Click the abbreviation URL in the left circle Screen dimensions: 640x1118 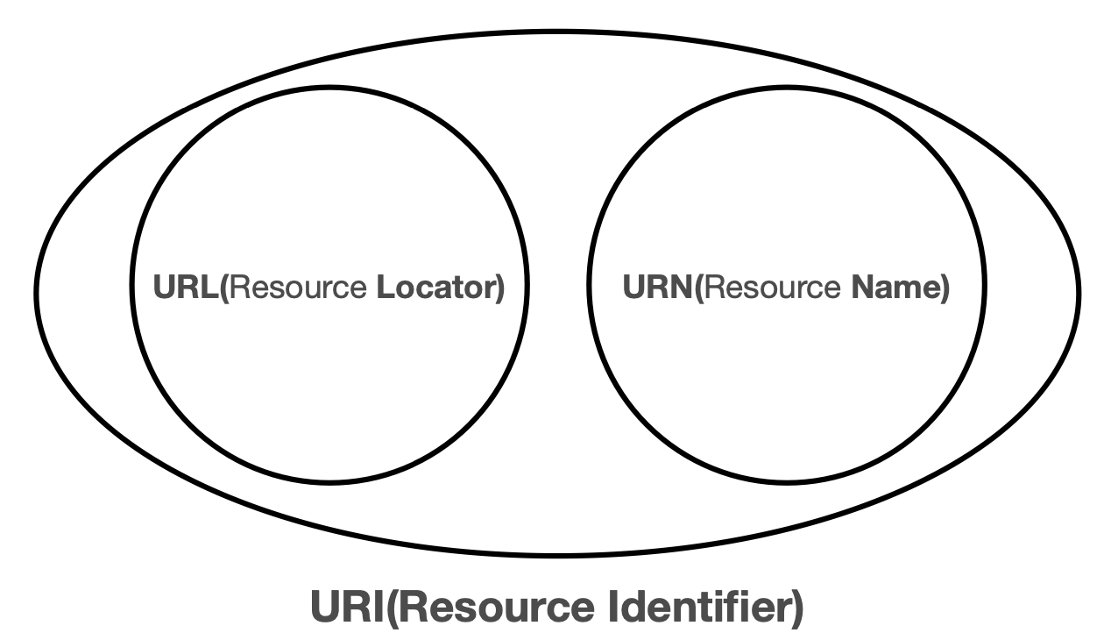pos(187,288)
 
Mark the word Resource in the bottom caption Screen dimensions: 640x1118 pos(491,608)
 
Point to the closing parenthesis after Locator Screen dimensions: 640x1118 pos(500,288)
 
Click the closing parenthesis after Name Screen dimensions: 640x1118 pos(945,288)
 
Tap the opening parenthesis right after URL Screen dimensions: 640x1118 pos(225,288)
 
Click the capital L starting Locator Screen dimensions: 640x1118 pos(382,288)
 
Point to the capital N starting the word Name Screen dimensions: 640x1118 pos(860,288)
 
